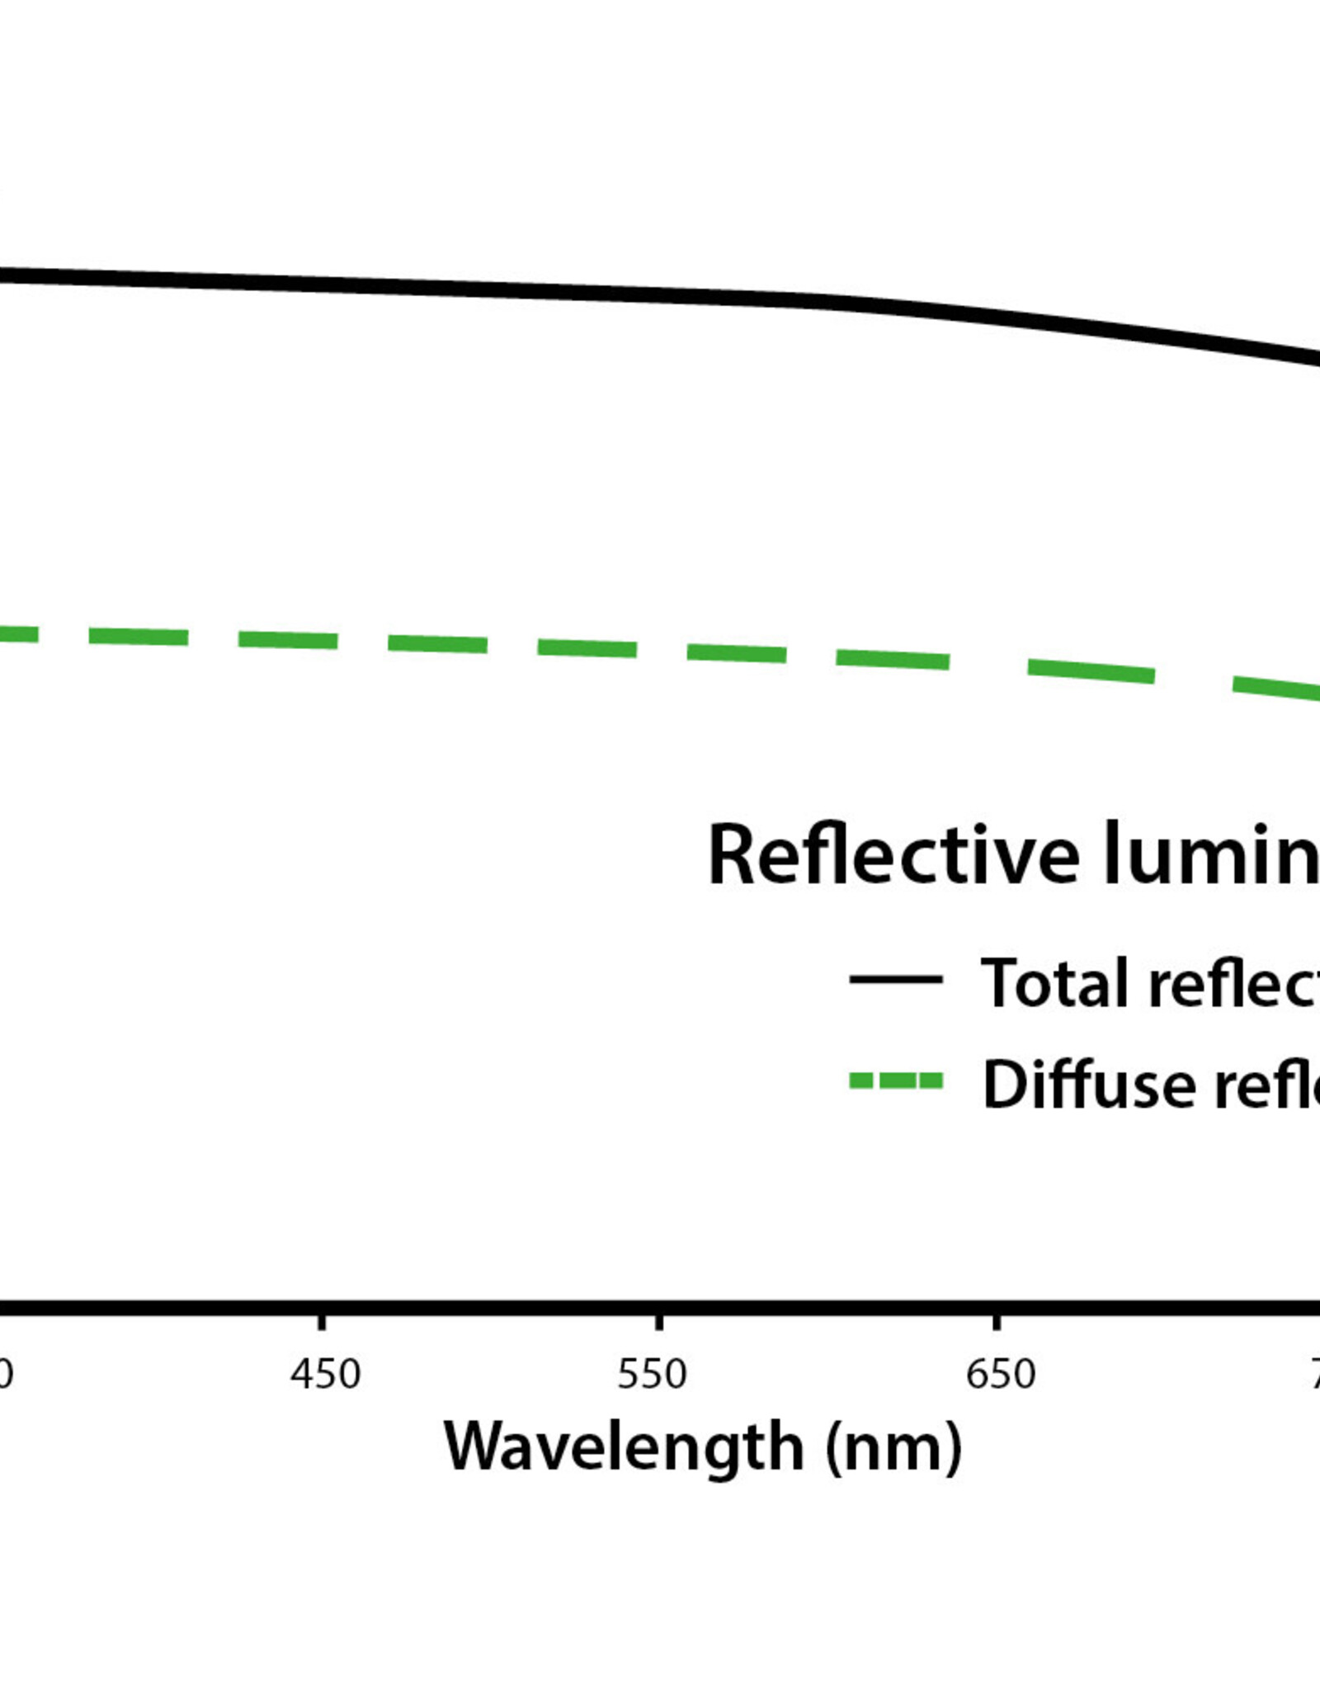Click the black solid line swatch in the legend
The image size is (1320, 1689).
[x=895, y=980]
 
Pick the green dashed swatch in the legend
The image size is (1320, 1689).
[x=895, y=1081]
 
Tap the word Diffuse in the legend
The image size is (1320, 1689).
[x=1089, y=1084]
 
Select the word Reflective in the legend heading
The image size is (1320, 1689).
[x=893, y=855]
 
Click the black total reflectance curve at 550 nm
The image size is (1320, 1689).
[x=659, y=294]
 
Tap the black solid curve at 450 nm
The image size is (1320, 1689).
[x=322, y=285]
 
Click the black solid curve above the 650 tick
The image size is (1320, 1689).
[x=997, y=318]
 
